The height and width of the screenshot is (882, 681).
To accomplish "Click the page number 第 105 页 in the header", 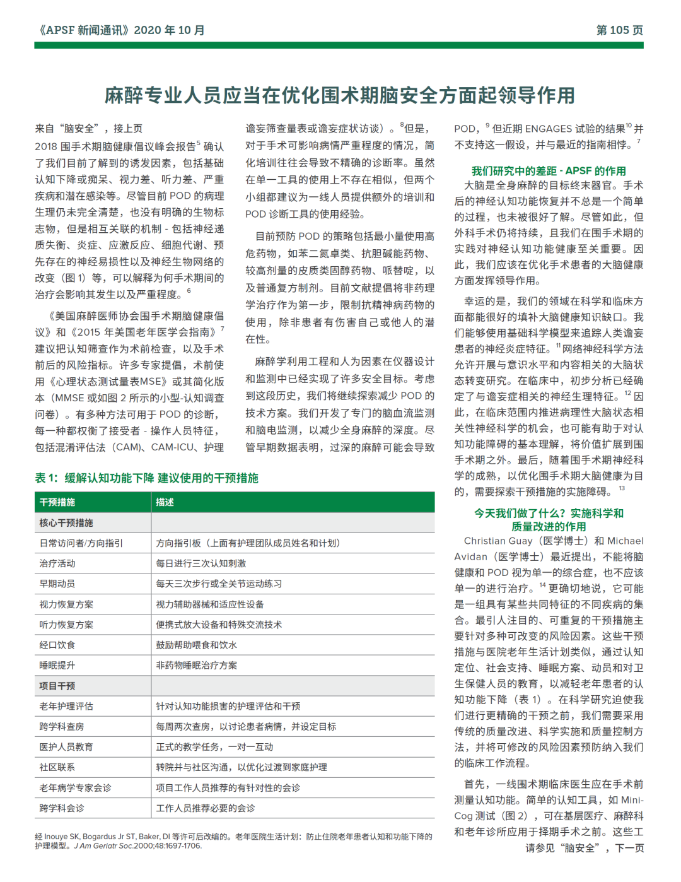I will point(619,30).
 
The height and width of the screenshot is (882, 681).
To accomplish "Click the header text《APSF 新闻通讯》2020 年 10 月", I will point(120,30).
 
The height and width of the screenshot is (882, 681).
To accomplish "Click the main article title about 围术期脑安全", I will point(340,95).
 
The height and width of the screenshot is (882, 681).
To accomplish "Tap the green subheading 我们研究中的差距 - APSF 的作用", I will point(549,170).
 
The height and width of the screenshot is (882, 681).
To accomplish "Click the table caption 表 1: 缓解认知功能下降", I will point(146,478).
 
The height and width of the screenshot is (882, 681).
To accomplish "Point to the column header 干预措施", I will point(57,502).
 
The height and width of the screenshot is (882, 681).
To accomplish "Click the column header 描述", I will point(165,502).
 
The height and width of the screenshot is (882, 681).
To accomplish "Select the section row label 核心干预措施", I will point(66,522).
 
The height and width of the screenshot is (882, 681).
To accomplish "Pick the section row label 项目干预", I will point(57,686).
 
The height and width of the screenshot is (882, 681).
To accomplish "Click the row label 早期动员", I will point(57,584).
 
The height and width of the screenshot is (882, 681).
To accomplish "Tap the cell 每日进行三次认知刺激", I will point(201,563).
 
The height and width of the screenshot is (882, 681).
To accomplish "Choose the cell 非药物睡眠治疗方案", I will point(197,665).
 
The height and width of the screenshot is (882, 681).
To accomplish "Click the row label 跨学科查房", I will point(62,726).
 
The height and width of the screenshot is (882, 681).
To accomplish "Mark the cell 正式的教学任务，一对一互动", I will point(214,747).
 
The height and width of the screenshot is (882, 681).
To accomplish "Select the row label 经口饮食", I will point(57,645).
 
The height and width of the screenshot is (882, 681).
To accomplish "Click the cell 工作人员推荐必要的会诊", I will point(206,808).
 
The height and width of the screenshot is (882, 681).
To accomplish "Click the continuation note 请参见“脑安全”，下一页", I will point(585,848).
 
